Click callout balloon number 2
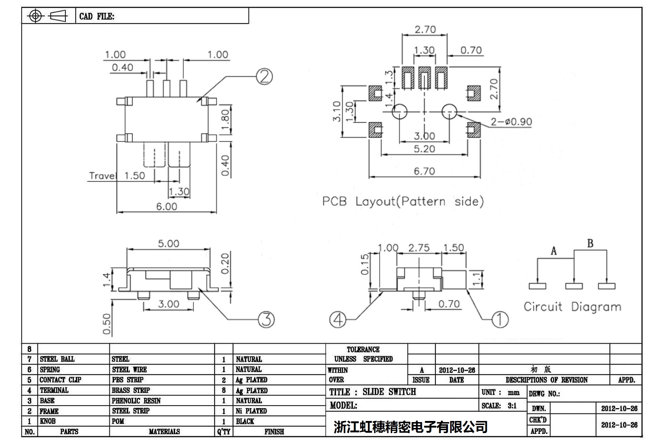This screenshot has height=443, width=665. (x=264, y=76)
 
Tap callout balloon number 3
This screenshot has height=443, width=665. (x=266, y=319)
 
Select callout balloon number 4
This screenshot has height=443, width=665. (x=338, y=319)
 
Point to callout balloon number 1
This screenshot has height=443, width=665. (x=500, y=319)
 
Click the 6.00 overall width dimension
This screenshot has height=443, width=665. (x=167, y=207)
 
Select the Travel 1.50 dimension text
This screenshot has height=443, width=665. (x=117, y=176)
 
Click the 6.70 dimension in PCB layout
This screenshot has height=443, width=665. (x=424, y=171)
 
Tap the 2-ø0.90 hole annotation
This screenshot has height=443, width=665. (x=512, y=122)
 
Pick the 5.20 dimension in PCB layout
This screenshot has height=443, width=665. (x=424, y=149)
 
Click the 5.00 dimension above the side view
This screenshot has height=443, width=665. (x=168, y=244)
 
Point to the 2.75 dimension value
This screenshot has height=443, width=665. (x=419, y=248)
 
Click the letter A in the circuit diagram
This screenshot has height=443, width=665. (x=554, y=251)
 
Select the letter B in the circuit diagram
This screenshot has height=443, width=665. (x=590, y=244)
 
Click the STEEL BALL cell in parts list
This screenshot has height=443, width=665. (x=57, y=359)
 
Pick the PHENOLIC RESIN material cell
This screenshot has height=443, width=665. (x=136, y=401)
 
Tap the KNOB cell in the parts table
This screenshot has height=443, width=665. (x=48, y=421)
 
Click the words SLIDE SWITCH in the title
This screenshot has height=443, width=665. (x=389, y=392)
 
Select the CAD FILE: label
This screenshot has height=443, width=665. (x=97, y=17)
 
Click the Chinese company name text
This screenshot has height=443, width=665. (x=411, y=426)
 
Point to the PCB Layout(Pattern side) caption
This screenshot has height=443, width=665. (x=403, y=201)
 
